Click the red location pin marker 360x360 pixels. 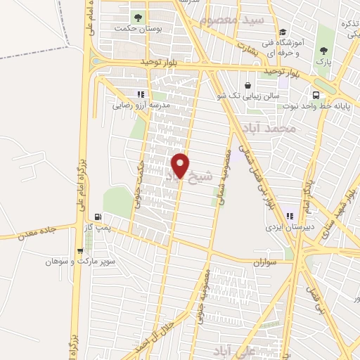point(181,165)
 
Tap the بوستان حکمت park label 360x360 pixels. point(138,30)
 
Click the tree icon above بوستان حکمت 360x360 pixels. point(136,15)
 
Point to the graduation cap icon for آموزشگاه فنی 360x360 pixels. point(283,32)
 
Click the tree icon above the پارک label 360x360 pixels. point(324,50)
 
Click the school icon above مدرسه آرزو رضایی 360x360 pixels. point(141,94)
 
